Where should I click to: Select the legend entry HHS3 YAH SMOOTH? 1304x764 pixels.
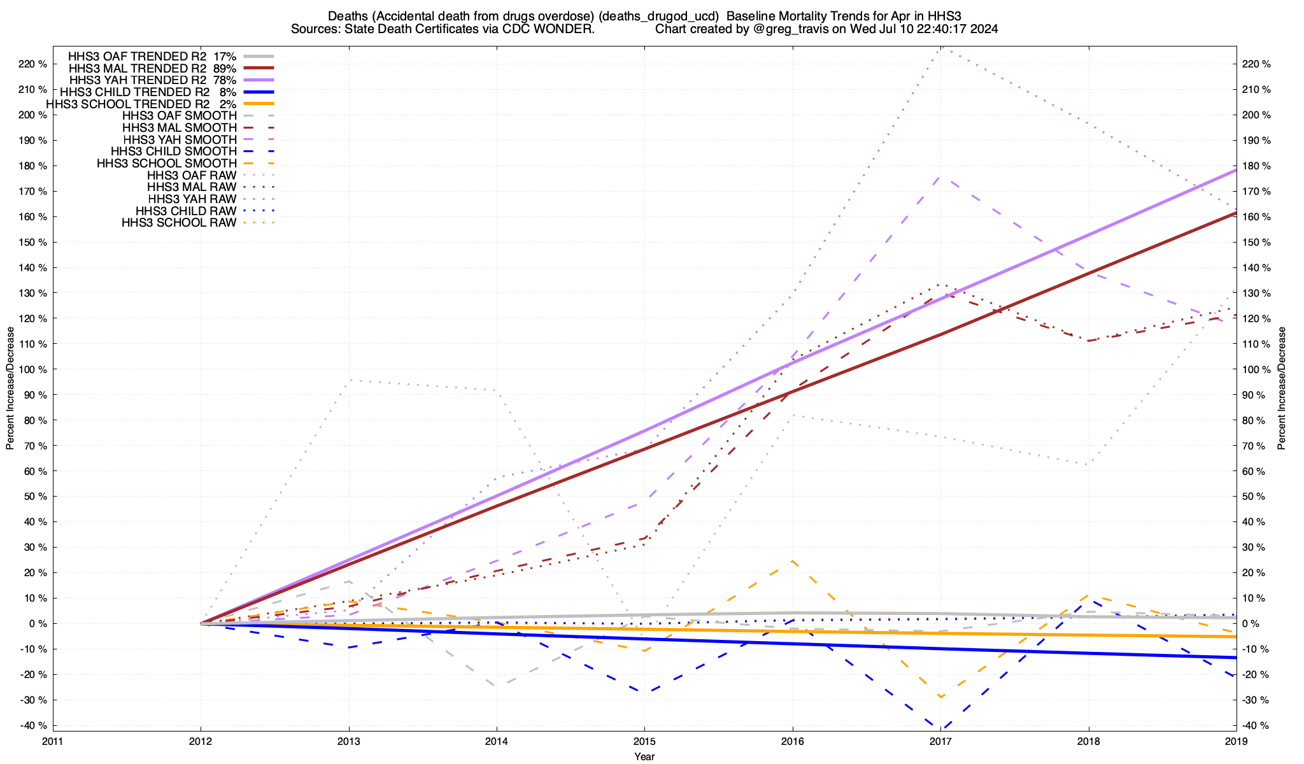click(x=180, y=139)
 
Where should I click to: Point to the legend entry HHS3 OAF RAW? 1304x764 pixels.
click(x=191, y=175)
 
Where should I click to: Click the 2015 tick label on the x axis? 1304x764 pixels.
click(x=644, y=741)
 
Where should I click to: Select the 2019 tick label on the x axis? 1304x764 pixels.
click(x=1236, y=741)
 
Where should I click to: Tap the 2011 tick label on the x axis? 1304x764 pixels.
click(x=53, y=741)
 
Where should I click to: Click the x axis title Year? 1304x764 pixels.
click(x=644, y=756)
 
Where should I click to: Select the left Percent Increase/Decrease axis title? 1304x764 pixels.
click(x=10, y=388)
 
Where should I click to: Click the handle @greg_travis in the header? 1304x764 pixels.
click(x=793, y=29)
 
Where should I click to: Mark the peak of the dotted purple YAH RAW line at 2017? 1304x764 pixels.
click(x=941, y=47)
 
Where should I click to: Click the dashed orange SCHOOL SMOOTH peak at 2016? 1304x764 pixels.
click(x=792, y=561)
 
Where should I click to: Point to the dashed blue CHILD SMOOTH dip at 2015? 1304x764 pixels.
click(x=644, y=692)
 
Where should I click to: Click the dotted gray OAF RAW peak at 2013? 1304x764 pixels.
click(x=350, y=380)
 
